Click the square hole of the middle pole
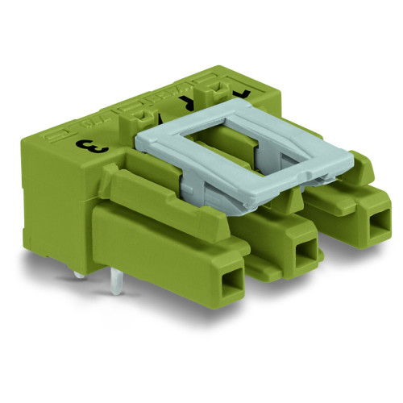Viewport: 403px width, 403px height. [x=305, y=257]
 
